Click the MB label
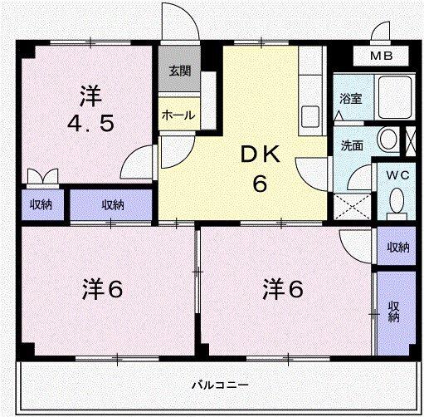coord(382,56)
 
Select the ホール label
coord(177,115)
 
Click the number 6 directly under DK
coord(261,184)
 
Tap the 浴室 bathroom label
coord(350,98)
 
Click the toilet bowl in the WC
coord(397,200)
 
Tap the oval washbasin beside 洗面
coord(386,140)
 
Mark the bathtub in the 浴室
coord(395,98)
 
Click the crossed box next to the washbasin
coord(410,139)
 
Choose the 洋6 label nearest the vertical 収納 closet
coord(283,290)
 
